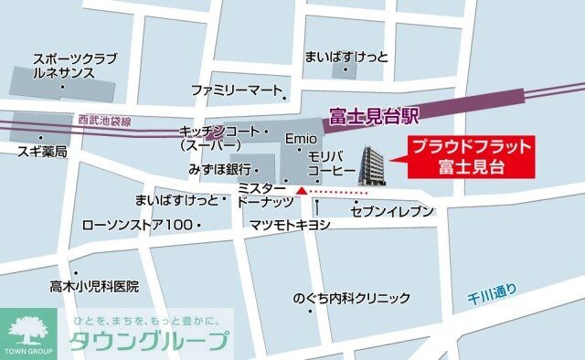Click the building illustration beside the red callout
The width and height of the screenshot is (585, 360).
[372, 170]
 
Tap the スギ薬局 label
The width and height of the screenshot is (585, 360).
[42, 151]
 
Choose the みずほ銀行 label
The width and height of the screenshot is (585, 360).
[220, 170]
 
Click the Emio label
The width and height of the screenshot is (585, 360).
[301, 141]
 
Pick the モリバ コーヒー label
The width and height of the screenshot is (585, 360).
[324, 164]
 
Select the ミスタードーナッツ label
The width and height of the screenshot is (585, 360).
[265, 194]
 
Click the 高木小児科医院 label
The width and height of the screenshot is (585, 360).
[94, 286]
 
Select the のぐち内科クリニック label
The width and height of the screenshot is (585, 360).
[351, 299]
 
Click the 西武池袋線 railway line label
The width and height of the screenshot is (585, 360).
[104, 121]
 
